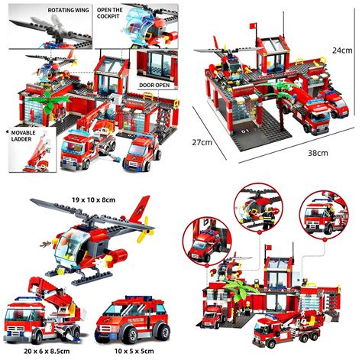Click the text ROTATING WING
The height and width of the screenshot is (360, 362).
tap(69, 10)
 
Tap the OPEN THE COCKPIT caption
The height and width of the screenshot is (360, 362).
tap(110, 13)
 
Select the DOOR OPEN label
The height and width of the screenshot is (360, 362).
tap(154, 85)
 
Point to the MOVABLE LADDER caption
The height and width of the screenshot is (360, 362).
tap(23, 136)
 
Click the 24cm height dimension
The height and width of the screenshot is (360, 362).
tap(342, 50)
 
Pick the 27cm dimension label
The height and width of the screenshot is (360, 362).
tap(202, 142)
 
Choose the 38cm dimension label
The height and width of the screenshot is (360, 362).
tap(318, 153)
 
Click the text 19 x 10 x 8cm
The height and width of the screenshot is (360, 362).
tap(93, 199)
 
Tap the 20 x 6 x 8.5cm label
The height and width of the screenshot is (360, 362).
tap(47, 351)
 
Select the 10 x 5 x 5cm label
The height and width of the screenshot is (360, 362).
tap(134, 351)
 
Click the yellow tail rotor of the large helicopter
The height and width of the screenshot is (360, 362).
tap(145, 229)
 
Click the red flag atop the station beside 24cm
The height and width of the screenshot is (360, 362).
tap(253, 25)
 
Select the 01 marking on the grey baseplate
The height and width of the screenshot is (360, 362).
tap(245, 131)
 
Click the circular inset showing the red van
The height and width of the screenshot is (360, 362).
tap(207, 241)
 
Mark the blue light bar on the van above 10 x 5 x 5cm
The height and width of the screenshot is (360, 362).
tap(139, 298)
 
